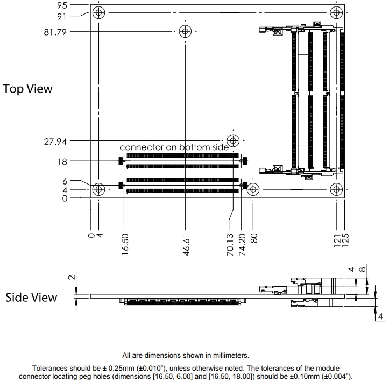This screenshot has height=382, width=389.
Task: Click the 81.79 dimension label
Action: coord(55,31)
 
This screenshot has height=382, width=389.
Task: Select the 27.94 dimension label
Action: coord(55,142)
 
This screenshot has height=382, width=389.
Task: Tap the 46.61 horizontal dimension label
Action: coord(186,244)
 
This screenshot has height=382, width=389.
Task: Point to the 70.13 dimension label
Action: coord(230,244)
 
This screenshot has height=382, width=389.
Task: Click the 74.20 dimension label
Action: coord(242,244)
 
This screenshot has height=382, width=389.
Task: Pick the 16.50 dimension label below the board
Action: coord(125,244)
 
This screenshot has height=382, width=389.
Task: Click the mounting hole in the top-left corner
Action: coord(98,12)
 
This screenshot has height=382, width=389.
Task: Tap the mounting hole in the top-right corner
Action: coord(337,12)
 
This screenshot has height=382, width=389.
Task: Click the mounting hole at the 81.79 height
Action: coord(185,31)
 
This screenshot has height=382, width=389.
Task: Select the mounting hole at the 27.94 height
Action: coord(233,141)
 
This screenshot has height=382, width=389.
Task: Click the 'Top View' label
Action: coord(28,89)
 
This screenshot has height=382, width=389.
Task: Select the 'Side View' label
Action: coord(31,297)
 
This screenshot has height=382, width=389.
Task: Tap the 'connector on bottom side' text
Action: coord(174,147)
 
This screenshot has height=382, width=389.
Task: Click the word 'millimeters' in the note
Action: coord(224,355)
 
